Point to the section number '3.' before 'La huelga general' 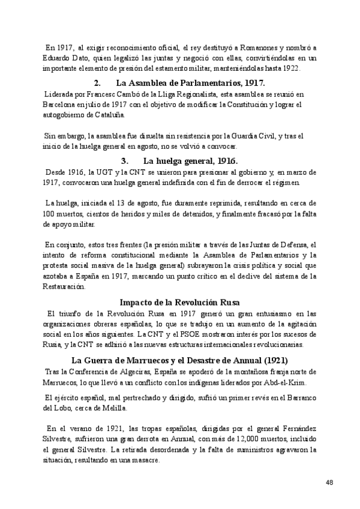[x=125, y=160]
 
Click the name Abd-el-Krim [x=283, y=382]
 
